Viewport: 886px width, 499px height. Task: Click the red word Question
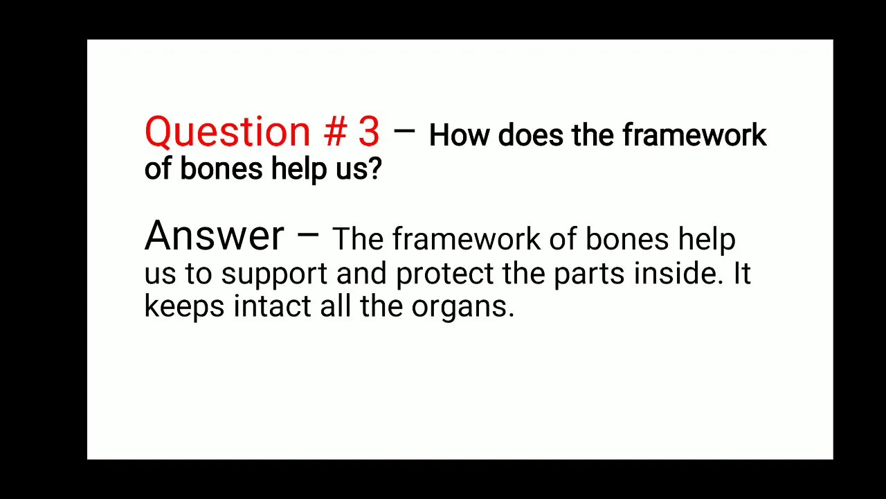[227, 132]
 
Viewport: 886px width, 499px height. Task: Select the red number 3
[368, 132]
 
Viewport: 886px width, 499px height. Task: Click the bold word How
[459, 135]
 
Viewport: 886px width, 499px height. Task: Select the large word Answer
[214, 236]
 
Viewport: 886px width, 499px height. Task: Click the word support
[274, 274]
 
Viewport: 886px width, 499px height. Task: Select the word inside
[679, 273]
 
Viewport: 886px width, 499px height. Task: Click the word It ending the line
[741, 273]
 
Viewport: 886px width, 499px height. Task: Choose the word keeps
[184, 306]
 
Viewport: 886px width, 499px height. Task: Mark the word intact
[272, 306]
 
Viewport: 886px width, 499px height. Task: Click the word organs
[462, 306]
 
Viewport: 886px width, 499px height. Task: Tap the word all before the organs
[336, 306]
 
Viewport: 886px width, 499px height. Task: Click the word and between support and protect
[361, 273]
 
